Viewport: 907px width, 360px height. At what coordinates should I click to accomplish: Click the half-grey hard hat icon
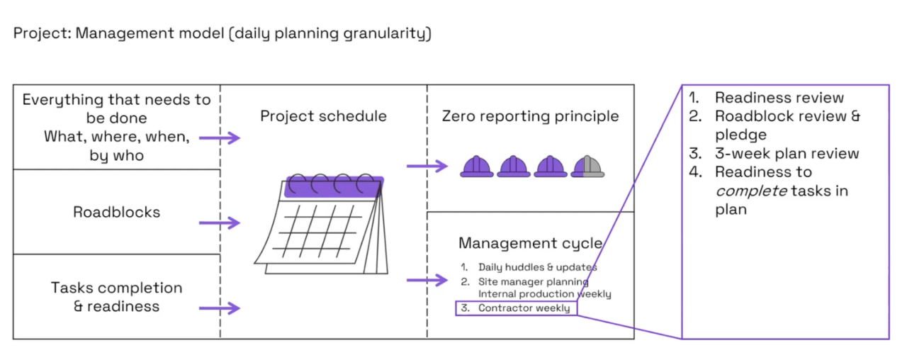(x=588, y=166)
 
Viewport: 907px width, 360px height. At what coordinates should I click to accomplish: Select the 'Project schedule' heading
(x=323, y=116)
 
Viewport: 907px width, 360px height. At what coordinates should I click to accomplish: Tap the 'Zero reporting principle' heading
(x=530, y=116)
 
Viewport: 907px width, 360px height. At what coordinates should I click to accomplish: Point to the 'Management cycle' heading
(x=530, y=243)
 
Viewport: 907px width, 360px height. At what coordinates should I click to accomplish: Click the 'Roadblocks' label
(x=116, y=212)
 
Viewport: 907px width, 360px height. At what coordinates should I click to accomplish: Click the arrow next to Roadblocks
(x=219, y=223)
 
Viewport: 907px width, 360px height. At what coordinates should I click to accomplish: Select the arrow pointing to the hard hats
(x=427, y=167)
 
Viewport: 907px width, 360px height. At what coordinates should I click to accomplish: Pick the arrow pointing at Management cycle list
(x=427, y=280)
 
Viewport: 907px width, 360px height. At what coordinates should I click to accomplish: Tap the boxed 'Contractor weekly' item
(x=516, y=308)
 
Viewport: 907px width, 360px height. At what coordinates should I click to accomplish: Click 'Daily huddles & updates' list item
(x=537, y=267)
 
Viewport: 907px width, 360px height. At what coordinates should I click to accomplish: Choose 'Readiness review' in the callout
(x=779, y=98)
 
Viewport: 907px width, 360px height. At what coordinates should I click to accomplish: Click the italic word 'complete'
(x=748, y=191)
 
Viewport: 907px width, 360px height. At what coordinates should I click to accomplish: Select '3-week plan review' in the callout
(x=787, y=153)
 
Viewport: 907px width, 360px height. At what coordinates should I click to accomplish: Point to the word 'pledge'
(x=740, y=135)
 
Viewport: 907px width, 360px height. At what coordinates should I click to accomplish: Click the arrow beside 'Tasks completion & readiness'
(x=219, y=308)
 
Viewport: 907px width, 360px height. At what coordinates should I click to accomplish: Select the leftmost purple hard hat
(x=476, y=166)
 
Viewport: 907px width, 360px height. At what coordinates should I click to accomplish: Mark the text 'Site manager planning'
(x=533, y=281)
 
